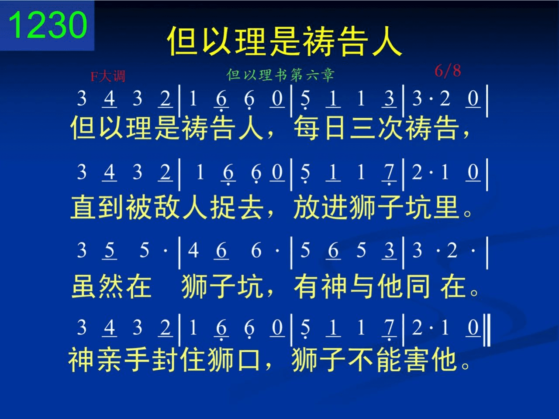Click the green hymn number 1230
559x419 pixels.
48,25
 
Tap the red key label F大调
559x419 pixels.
108,76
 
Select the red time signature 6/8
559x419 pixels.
448,71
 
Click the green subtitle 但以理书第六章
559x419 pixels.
280,75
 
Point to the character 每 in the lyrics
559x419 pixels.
307,128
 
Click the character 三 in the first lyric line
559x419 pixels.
362,128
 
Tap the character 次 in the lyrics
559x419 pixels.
390,128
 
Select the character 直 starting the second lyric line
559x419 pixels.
83,207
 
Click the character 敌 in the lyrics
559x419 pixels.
167,207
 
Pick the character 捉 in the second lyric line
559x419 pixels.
223,207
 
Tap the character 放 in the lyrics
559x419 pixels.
307,207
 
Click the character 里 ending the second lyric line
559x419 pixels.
446,207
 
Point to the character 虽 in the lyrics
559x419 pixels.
84,286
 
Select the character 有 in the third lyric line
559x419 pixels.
307,286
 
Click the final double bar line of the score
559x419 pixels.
487,330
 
